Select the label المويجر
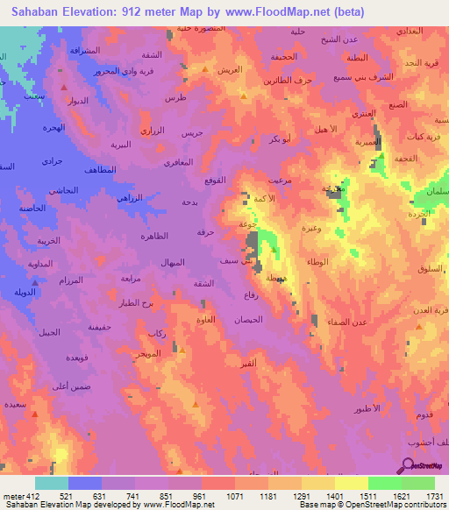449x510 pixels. click(x=148, y=352)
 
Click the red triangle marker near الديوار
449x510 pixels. click(x=65, y=88)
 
